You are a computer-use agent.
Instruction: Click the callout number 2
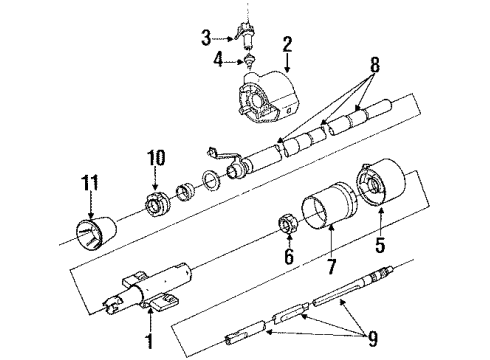pyautogui.click(x=287, y=43)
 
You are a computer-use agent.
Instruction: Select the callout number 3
pyautogui.click(x=206, y=38)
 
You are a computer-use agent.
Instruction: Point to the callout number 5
pyautogui.click(x=378, y=242)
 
